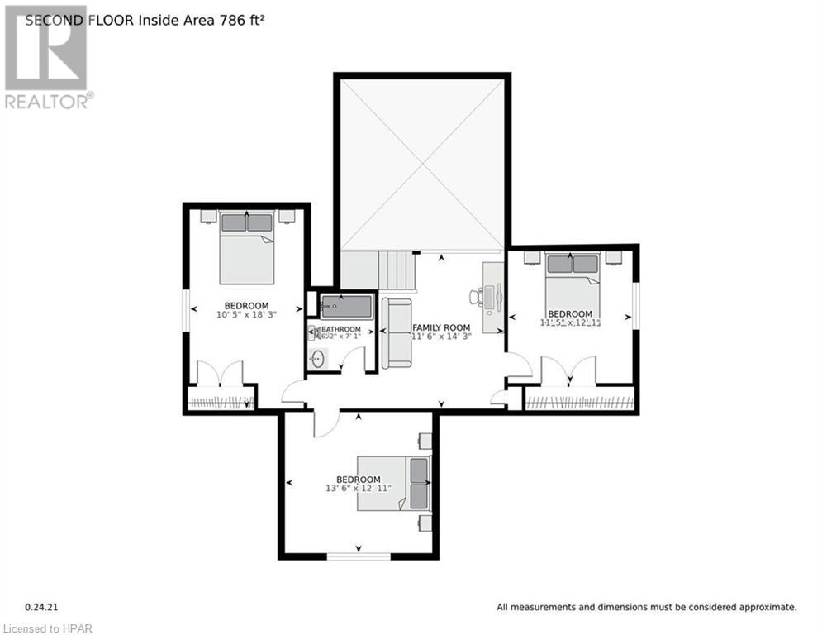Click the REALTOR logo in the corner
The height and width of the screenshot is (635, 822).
(47, 58)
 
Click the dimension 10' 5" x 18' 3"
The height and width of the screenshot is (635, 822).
(246, 315)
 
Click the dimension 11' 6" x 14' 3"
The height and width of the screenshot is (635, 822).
(441, 337)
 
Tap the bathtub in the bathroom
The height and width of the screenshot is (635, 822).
(346, 306)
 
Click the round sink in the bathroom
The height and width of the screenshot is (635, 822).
(318, 360)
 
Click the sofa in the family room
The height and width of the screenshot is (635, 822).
(396, 333)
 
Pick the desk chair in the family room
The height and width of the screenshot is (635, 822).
(478, 297)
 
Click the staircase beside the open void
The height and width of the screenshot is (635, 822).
(396, 269)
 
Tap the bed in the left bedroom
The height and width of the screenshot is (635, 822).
(246, 247)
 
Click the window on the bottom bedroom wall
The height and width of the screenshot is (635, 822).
(359, 556)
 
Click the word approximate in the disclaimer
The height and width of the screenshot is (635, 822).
(766, 607)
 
